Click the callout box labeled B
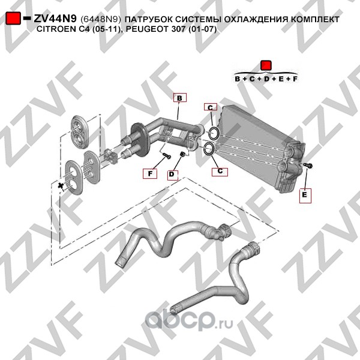(x=180, y=98)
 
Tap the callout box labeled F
(x=150, y=173)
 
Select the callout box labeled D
(x=173, y=175)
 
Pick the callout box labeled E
(x=305, y=196)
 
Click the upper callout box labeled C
(x=211, y=107)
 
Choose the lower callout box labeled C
(x=220, y=172)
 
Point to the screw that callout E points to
(x=308, y=166)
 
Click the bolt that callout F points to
(x=166, y=155)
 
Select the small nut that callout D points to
(x=183, y=154)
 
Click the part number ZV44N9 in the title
(x=55, y=19)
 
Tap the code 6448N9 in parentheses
(x=101, y=20)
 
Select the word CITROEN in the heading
(x=55, y=29)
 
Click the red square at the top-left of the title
(x=13, y=18)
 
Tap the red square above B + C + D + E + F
(x=266, y=65)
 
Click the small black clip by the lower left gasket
(x=61, y=186)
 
